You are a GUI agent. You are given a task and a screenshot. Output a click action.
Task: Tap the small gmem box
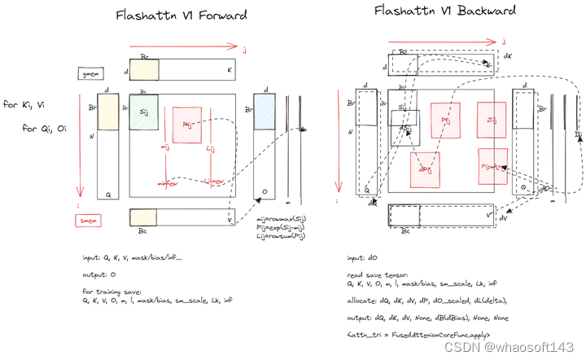[x=87, y=75]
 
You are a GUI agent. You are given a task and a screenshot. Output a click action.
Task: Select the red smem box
[x=87, y=220]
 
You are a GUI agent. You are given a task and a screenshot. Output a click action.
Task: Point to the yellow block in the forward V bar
[x=145, y=217]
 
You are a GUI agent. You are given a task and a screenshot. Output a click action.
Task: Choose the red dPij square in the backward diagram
[x=426, y=166]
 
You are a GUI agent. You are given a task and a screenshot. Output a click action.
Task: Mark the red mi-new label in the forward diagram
[x=168, y=183]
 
